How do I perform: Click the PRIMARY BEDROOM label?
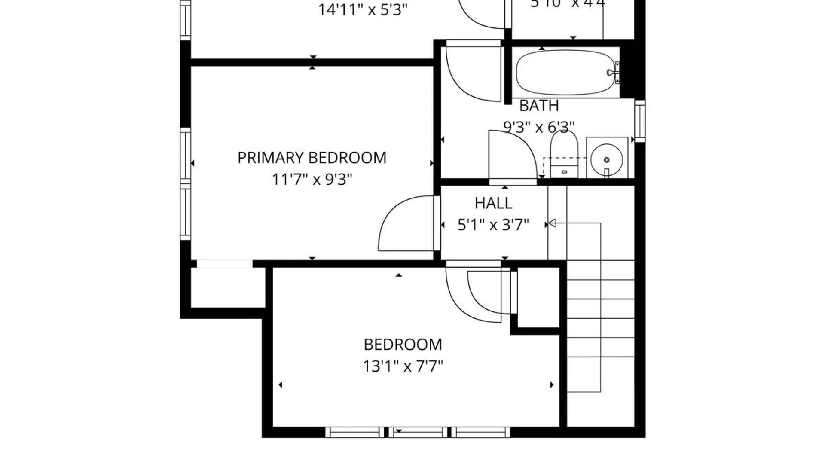[x=312, y=158]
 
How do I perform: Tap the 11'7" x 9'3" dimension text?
[x=312, y=179]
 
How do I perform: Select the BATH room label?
[x=539, y=106]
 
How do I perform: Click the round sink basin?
[x=606, y=159]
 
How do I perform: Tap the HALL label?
[x=493, y=203]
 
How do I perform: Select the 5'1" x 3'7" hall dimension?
[x=493, y=225]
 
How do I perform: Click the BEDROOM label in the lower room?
[x=403, y=345]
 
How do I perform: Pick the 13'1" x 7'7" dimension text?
[x=403, y=366]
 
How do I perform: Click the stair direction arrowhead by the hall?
[x=552, y=223]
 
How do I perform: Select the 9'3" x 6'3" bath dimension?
[x=539, y=127]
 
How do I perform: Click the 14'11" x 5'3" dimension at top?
[x=362, y=9]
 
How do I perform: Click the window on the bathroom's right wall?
[x=640, y=121]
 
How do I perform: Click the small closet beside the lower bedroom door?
[x=538, y=297]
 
